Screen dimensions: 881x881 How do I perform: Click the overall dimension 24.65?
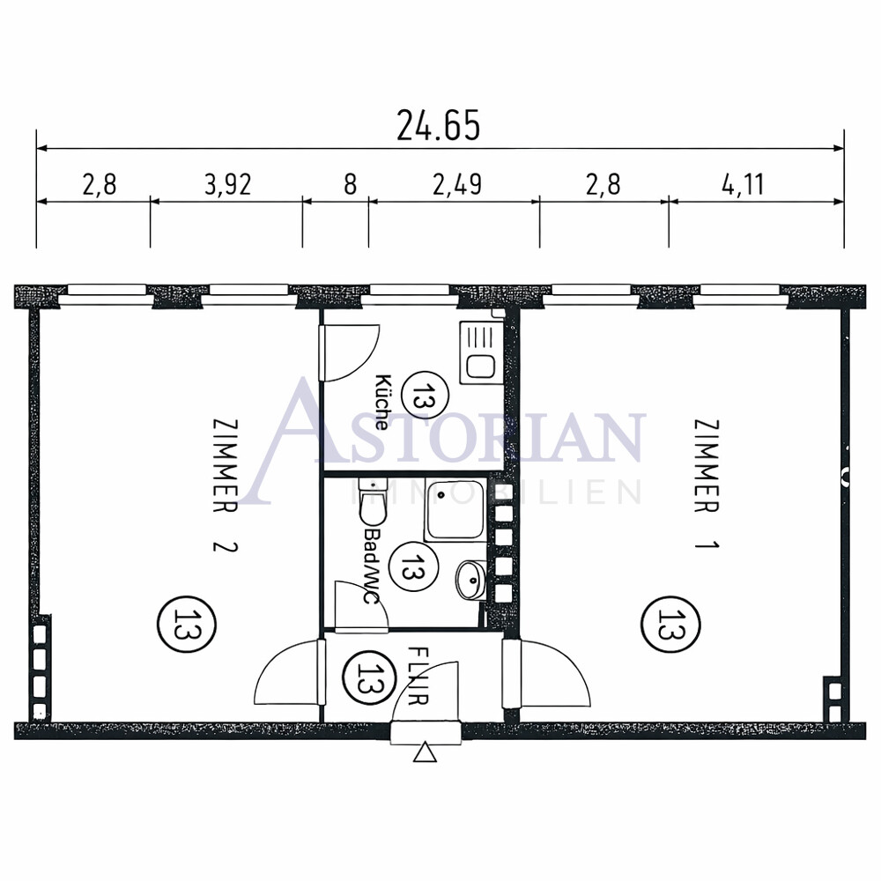pos(438,125)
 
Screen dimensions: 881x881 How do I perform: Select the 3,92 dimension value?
pos(227,184)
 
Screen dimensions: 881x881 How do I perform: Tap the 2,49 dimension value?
pos(457,184)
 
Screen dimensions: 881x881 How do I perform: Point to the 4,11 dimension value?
pos(743,184)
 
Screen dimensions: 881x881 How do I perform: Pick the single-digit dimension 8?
pos(350,184)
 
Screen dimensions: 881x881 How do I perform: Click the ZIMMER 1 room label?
pos(707,484)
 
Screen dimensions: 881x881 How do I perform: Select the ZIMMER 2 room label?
pos(226,485)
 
